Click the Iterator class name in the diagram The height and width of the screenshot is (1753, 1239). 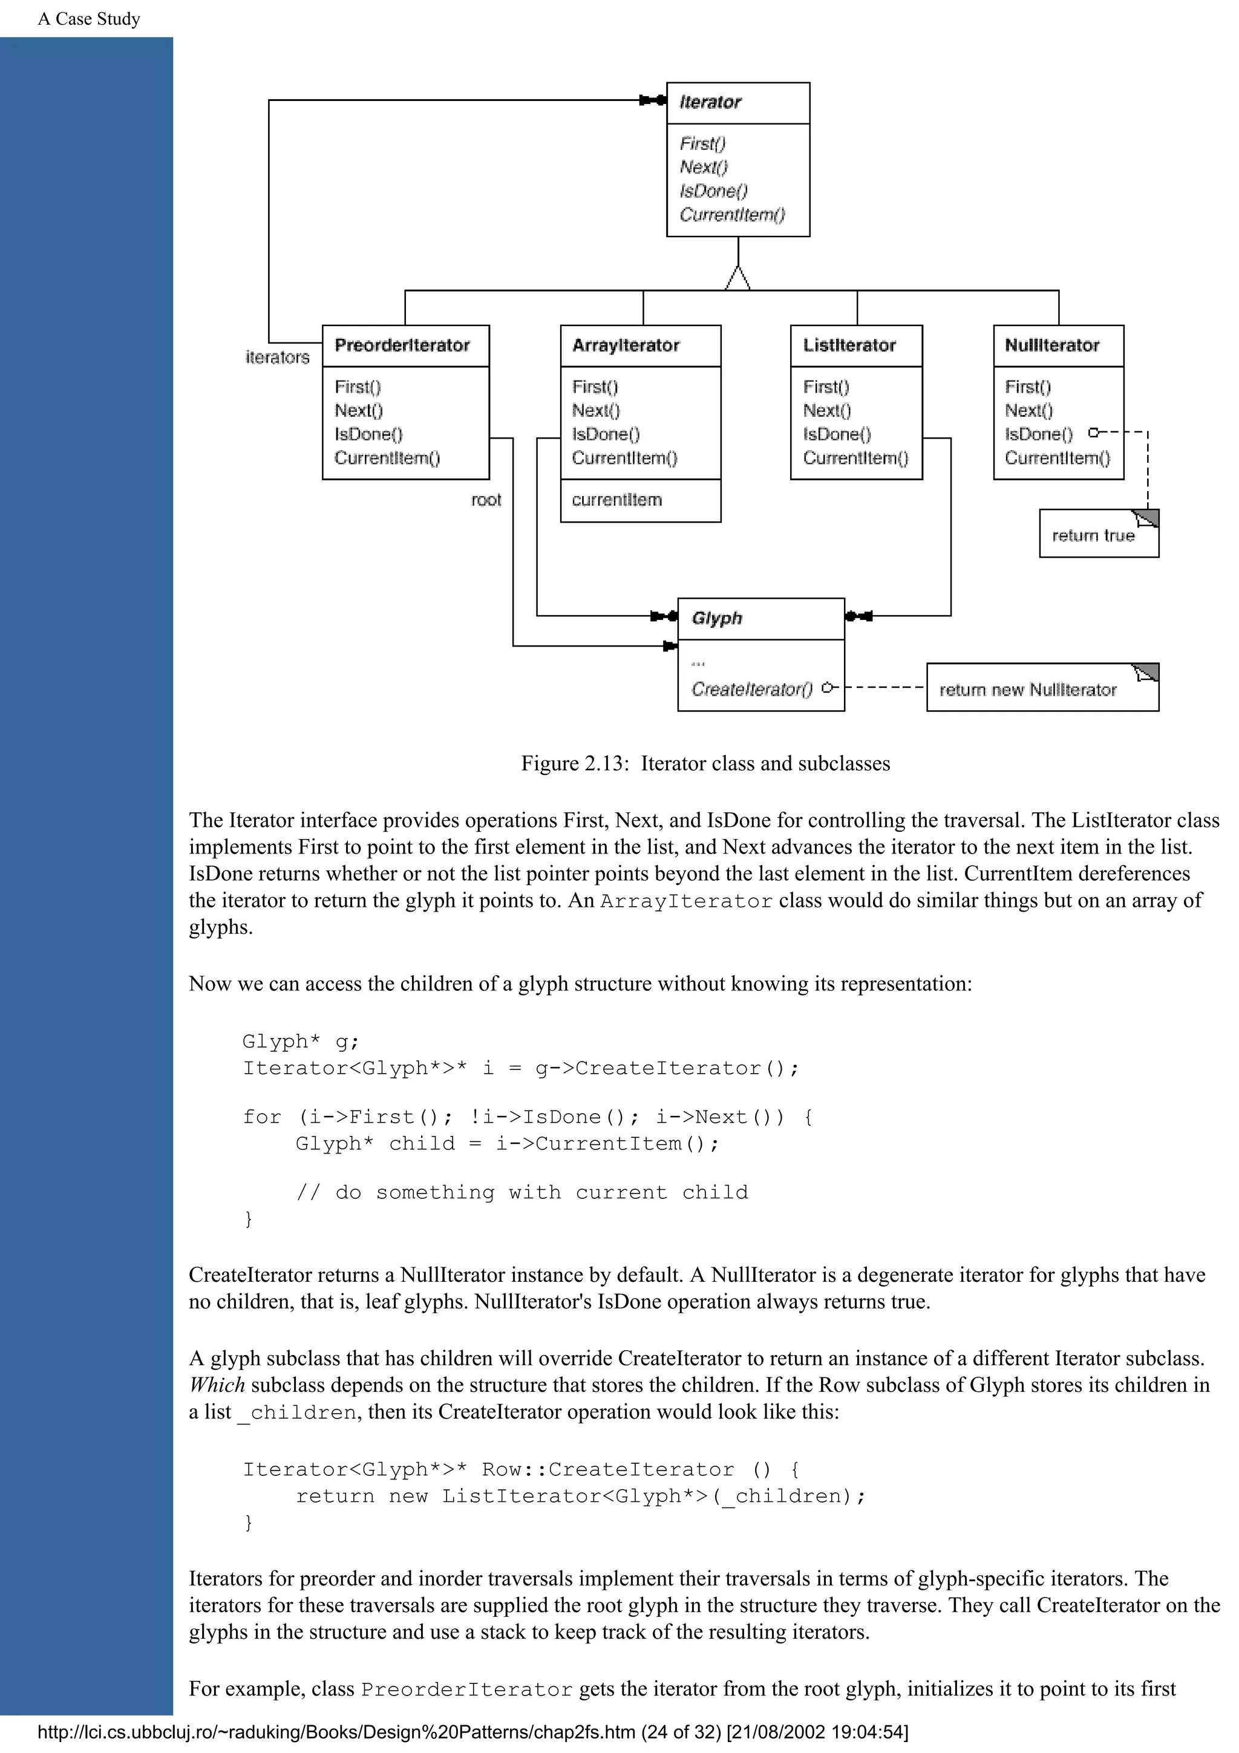pyautogui.click(x=710, y=102)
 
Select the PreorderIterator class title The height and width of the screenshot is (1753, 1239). pyautogui.click(x=402, y=346)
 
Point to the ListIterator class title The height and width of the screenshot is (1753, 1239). pyautogui.click(x=849, y=346)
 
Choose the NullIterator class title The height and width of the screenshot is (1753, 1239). pyautogui.click(x=1051, y=346)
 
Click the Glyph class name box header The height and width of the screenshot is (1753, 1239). pyautogui.click(x=717, y=618)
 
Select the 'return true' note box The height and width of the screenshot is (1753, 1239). pyautogui.click(x=1093, y=536)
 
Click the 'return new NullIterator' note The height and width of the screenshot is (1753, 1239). pyautogui.click(x=1027, y=690)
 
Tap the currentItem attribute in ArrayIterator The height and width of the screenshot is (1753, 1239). pyautogui.click(x=617, y=500)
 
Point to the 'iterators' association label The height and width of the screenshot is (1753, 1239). pyautogui.click(x=277, y=357)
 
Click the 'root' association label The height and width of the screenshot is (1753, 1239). pyautogui.click(x=486, y=500)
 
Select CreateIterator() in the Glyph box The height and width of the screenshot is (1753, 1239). pyautogui.click(x=752, y=690)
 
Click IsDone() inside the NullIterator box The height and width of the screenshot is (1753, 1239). pyautogui.click(x=1038, y=434)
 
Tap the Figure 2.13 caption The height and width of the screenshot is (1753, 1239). pyautogui.click(x=705, y=763)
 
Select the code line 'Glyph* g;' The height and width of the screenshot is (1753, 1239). pyautogui.click(x=300, y=1042)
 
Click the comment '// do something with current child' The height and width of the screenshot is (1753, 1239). pyautogui.click(x=522, y=1193)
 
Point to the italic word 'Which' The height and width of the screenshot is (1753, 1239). pyautogui.click(x=217, y=1385)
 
